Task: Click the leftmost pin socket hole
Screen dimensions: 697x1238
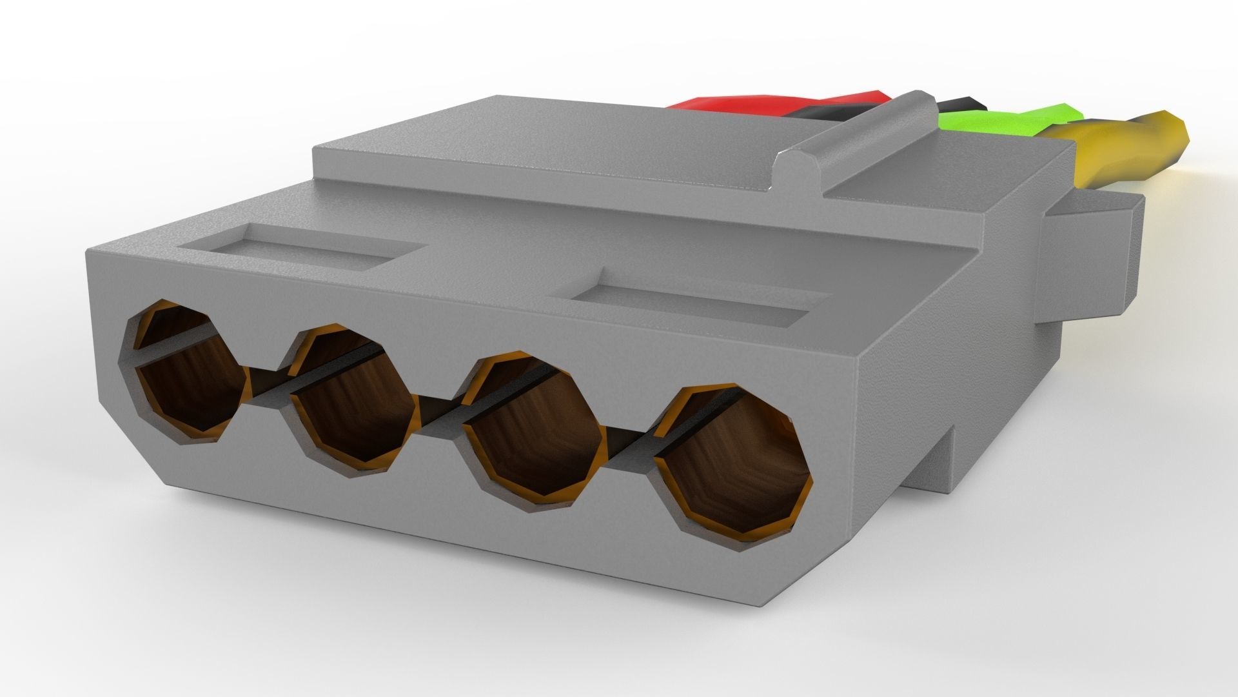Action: point(187,374)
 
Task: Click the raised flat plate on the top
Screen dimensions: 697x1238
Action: point(548,155)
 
